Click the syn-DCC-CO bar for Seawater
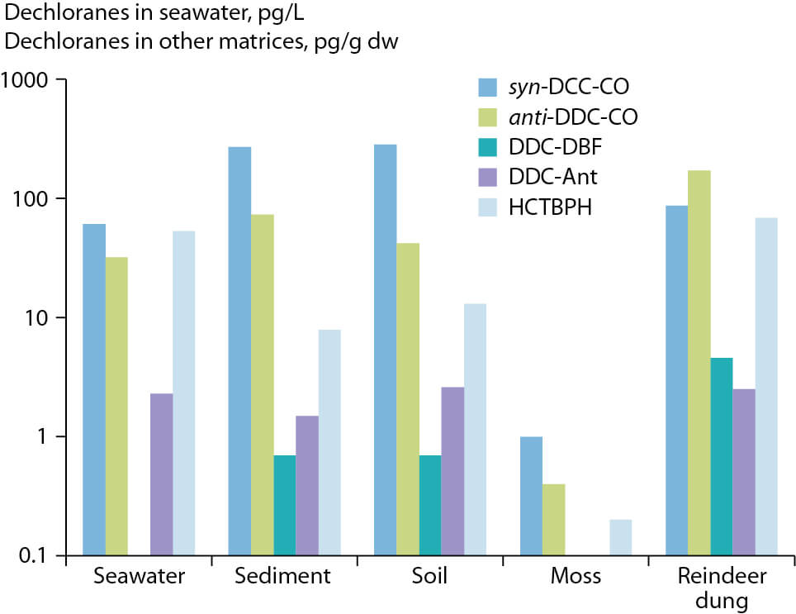click(x=94, y=389)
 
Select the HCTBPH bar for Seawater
click(x=184, y=393)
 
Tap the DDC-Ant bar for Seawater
click(x=162, y=474)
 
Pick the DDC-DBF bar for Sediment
click(x=285, y=505)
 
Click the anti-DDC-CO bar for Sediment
click(x=263, y=385)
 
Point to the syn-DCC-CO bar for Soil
click(x=386, y=350)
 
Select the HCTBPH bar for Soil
click(x=475, y=430)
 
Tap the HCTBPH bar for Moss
click(x=621, y=537)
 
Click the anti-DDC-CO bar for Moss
click(x=554, y=520)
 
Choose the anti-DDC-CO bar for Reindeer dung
click(x=699, y=363)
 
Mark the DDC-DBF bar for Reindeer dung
click(x=722, y=456)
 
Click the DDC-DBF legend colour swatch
click(x=488, y=147)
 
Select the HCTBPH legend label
click(x=550, y=207)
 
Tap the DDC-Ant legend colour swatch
click(x=488, y=177)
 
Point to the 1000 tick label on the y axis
click(x=24, y=79)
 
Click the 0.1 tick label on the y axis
click(x=33, y=555)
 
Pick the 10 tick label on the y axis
click(x=36, y=318)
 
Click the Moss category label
click(x=576, y=576)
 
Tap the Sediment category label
click(x=282, y=576)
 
